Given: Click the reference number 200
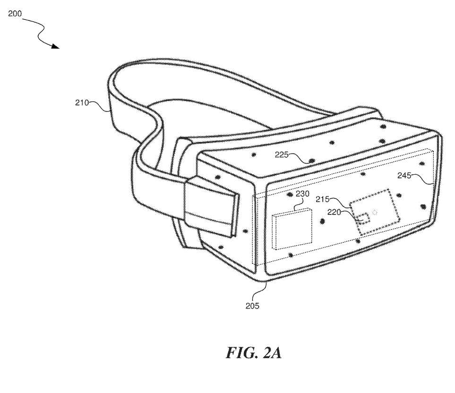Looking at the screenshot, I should click(15, 14).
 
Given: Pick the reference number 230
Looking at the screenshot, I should click(303, 194).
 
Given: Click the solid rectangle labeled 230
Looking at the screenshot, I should click(292, 230).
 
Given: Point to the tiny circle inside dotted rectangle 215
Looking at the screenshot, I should click(375, 212).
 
